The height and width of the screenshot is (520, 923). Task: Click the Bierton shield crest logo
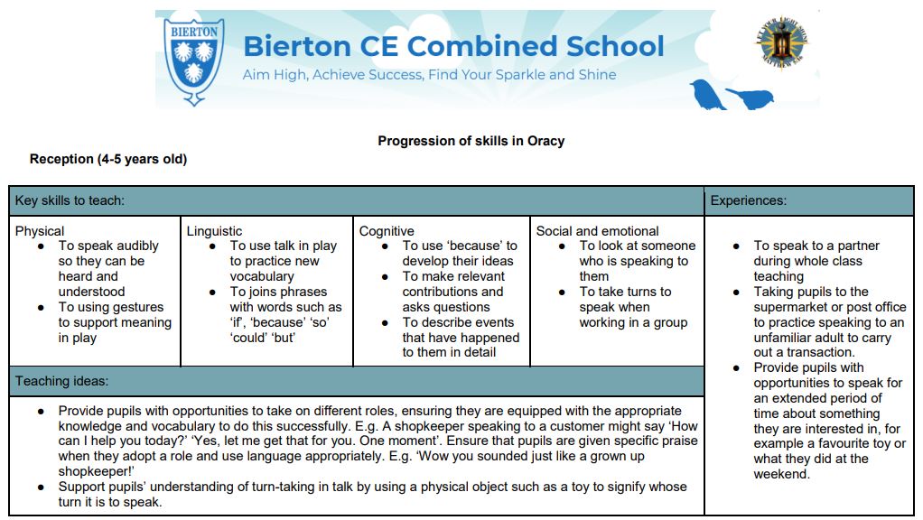tap(195, 60)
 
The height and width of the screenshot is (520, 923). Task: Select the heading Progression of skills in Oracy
tap(471, 141)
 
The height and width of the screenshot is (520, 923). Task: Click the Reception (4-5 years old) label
tap(108, 160)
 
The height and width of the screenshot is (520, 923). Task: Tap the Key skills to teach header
tap(70, 200)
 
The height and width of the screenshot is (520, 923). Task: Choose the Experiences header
tap(748, 200)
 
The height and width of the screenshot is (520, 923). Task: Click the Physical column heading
tap(40, 231)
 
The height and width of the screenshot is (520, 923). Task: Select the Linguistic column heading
tap(214, 231)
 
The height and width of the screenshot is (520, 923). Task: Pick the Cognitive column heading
tap(387, 231)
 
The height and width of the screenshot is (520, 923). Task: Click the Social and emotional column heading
tap(597, 231)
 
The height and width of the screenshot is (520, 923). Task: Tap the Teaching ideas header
tap(61, 381)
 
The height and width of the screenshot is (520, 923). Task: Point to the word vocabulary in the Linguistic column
tap(262, 276)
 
